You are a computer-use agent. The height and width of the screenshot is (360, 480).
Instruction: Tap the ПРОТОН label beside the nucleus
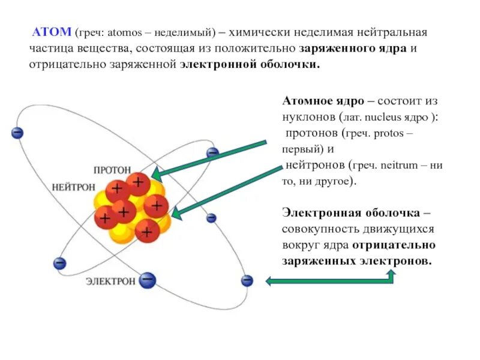point(112,171)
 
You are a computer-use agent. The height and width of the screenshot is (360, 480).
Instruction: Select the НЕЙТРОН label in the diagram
point(73,187)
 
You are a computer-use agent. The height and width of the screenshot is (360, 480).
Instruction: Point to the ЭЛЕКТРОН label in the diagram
point(110,280)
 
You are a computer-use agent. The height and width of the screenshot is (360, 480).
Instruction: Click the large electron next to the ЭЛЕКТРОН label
point(148,280)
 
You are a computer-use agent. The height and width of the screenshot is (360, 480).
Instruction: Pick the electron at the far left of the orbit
point(17,132)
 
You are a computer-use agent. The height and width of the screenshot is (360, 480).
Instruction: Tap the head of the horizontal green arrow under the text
point(271,280)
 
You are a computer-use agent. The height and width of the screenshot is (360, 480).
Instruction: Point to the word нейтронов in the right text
point(315,164)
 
